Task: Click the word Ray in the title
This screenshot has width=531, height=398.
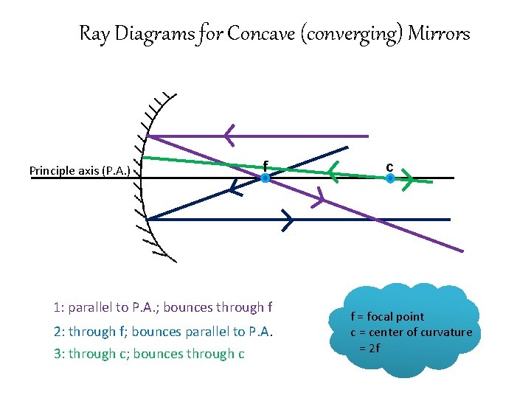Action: pos(94,34)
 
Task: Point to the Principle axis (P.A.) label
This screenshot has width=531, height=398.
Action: pos(80,171)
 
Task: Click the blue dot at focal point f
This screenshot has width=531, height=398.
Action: pos(265,178)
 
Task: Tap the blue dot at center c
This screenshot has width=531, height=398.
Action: pos(390,178)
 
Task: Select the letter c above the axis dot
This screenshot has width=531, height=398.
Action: pos(389,166)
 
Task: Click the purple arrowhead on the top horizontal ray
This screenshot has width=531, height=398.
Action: pos(230,136)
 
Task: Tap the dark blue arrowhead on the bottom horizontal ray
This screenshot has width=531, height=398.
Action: pos(287,219)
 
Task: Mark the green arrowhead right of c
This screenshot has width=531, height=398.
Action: pos(407,179)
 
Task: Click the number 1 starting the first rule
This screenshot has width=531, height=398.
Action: pos(57,307)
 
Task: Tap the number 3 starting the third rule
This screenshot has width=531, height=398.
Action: pos(58,354)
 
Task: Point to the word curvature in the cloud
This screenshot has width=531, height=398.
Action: pos(446,332)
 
